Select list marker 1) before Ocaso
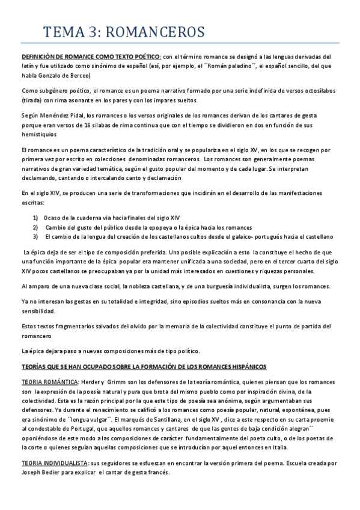coord(35,217)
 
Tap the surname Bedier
coord(57,473)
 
